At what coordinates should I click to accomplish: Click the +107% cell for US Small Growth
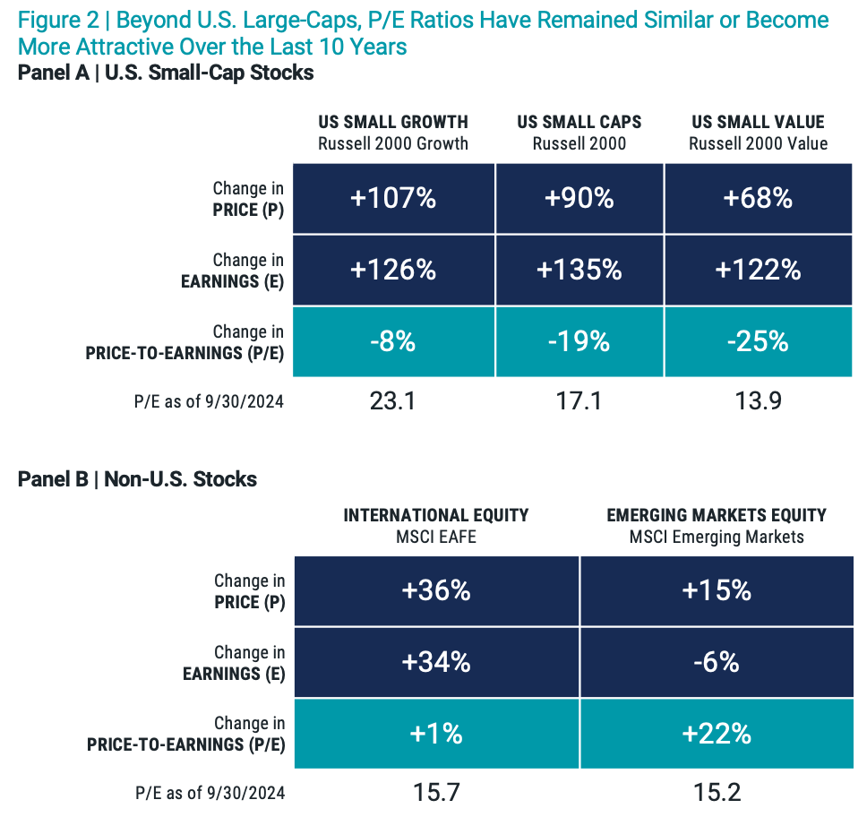point(393,198)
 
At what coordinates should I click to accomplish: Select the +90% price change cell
point(579,198)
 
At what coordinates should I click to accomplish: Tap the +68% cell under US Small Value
point(759,198)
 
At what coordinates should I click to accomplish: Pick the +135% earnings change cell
point(579,270)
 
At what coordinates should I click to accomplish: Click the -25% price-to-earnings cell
point(759,340)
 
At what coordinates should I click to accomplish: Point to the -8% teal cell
point(393,340)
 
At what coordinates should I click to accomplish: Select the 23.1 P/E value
point(393,400)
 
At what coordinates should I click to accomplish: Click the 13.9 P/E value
point(759,400)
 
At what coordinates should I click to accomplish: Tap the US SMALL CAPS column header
point(579,122)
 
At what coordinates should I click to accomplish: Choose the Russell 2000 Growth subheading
point(393,143)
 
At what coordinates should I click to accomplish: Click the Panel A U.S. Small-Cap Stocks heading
point(166,73)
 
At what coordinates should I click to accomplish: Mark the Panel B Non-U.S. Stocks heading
point(137,479)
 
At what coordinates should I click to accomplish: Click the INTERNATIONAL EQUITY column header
point(436,515)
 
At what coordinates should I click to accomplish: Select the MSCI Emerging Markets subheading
point(717,537)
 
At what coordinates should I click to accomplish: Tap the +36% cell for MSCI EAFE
point(436,591)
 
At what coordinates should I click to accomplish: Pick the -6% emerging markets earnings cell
point(717,662)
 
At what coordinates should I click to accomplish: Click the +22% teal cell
point(717,734)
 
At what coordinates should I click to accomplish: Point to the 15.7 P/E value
point(436,792)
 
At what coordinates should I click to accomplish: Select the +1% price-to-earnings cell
point(436,734)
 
